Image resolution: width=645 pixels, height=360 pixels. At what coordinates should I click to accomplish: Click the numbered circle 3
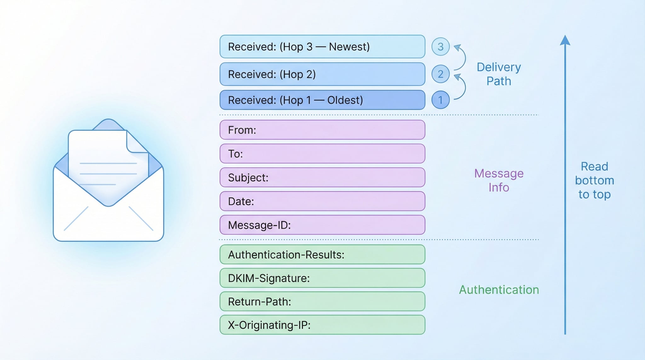pyautogui.click(x=440, y=47)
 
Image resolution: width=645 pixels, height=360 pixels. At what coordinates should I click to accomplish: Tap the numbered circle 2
pyautogui.click(x=440, y=74)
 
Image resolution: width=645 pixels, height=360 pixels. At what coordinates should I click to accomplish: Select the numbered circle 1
pyautogui.click(x=440, y=100)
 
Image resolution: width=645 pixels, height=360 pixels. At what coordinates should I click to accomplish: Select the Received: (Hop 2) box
pyautogui.click(x=322, y=74)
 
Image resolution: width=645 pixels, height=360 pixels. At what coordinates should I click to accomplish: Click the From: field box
pyautogui.click(x=322, y=130)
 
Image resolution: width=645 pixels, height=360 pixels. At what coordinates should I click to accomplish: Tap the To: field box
pyautogui.click(x=322, y=154)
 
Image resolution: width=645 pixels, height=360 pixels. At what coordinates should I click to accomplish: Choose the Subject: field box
pyautogui.click(x=322, y=177)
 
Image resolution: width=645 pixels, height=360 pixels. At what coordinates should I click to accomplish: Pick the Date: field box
pyautogui.click(x=322, y=201)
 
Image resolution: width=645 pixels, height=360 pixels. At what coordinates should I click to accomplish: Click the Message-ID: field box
pyautogui.click(x=322, y=225)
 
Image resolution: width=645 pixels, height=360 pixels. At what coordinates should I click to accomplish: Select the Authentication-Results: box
pyautogui.click(x=322, y=254)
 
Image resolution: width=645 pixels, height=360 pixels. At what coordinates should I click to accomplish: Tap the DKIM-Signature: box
pyautogui.click(x=322, y=278)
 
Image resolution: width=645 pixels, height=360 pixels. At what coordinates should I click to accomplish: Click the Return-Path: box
pyautogui.click(x=322, y=301)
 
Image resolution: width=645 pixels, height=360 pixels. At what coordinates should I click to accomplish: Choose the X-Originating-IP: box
pyautogui.click(x=322, y=325)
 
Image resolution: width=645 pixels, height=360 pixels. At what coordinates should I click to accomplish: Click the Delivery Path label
pyautogui.click(x=499, y=74)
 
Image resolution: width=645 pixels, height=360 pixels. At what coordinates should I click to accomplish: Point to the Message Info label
pyautogui.click(x=499, y=180)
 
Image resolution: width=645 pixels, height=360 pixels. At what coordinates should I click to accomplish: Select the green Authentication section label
pyautogui.click(x=499, y=290)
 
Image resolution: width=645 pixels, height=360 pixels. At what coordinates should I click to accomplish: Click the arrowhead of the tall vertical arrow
pyautogui.click(x=565, y=40)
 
